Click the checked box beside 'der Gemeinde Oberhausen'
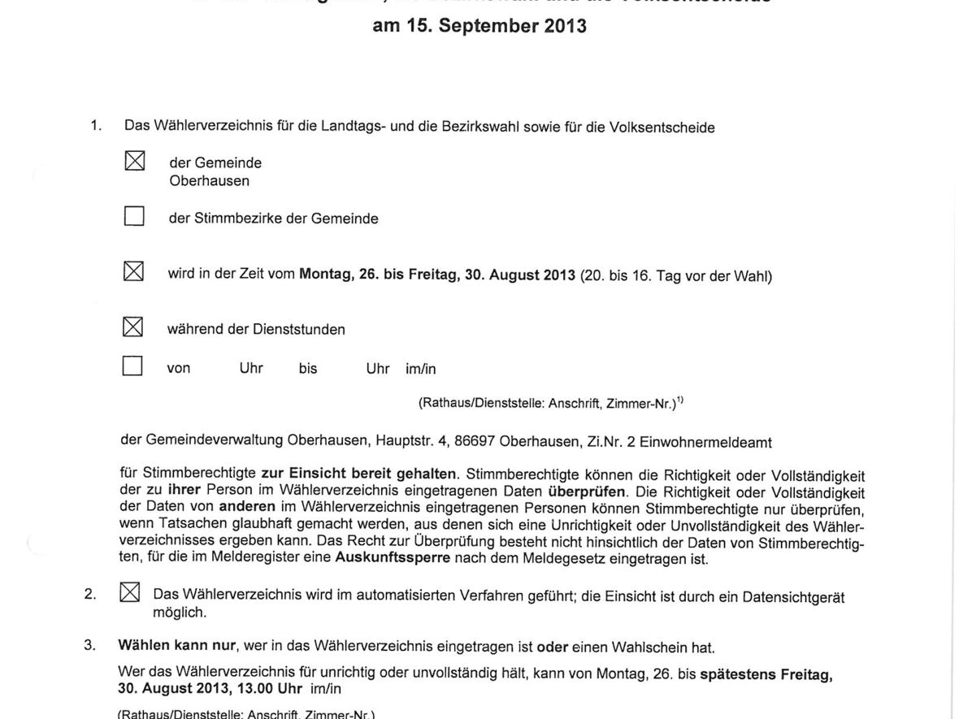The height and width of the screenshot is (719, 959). coord(135,161)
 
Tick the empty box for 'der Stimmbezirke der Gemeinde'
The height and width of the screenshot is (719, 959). coord(134,216)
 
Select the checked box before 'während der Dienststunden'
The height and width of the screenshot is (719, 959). coord(132,327)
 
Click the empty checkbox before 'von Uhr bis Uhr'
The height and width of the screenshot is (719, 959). coord(132,366)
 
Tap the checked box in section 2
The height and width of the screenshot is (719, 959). coord(129,592)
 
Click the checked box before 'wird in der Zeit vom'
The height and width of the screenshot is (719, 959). coord(133,271)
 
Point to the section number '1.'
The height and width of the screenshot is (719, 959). coord(96,125)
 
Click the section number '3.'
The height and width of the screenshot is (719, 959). coord(89,645)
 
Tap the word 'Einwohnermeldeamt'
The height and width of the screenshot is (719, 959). coord(705,443)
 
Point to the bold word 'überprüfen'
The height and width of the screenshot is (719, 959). coord(587,492)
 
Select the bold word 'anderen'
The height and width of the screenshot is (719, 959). coord(247,506)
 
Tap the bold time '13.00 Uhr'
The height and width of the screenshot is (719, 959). coord(272,689)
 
